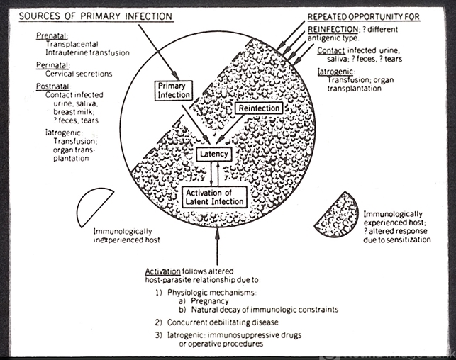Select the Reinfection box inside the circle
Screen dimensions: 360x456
(258, 108)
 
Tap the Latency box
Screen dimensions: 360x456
(215, 153)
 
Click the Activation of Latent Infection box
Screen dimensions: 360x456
(214, 197)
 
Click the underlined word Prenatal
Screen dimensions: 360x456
(49, 35)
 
